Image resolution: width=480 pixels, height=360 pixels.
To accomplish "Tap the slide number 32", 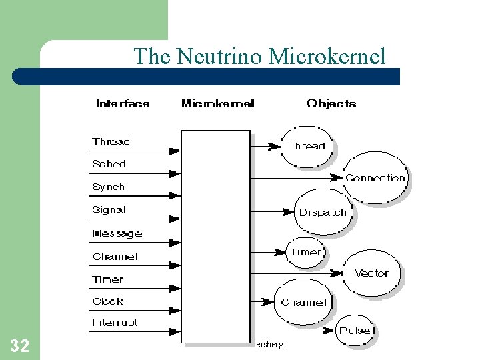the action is click(19, 346).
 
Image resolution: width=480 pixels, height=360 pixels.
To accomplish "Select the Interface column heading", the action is click(123, 104).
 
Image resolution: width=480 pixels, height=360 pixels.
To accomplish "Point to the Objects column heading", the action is click(331, 104).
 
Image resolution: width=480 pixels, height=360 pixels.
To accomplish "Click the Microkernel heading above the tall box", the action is click(217, 104).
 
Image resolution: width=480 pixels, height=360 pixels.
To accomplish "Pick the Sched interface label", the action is click(109, 164).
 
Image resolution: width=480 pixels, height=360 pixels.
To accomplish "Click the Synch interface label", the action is click(109, 187).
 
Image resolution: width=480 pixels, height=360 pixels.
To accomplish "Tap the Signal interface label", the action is click(109, 210).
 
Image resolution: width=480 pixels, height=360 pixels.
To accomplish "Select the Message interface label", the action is click(117, 233).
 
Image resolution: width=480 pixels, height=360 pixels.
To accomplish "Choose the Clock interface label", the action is click(108, 301).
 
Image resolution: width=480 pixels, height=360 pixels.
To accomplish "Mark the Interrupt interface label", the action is click(115, 323).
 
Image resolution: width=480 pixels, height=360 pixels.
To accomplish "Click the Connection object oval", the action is click(375, 178).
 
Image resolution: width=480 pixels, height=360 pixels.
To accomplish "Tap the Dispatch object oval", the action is click(323, 213).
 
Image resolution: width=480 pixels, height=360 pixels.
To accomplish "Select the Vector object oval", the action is click(371, 273).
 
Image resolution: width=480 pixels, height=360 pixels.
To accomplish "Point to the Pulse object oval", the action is click(355, 331).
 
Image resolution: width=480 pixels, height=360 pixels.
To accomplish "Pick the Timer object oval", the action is click(305, 252).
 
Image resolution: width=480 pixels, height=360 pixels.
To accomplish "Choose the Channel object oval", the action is click(303, 302).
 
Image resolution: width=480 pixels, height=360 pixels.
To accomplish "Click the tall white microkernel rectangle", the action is click(215, 237).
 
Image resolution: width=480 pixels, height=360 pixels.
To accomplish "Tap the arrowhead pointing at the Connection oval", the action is click(338, 178).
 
